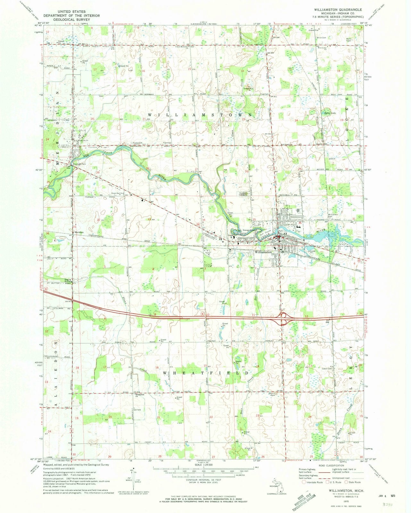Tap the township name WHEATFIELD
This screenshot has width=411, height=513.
click(x=205, y=373)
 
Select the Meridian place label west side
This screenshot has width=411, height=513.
click(x=79, y=232)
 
